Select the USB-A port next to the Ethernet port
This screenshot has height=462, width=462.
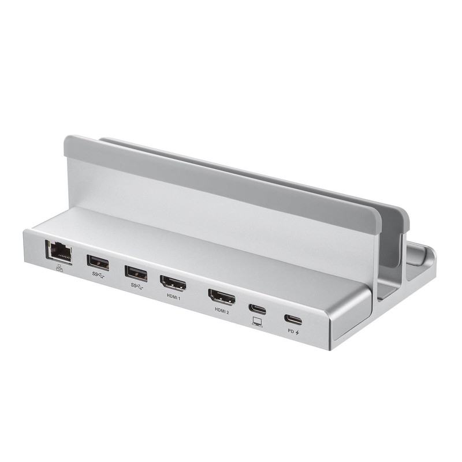click(98, 262)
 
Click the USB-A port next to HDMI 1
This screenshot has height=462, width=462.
click(135, 272)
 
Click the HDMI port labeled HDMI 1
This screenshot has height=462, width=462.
click(174, 284)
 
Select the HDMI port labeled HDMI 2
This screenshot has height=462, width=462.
click(222, 298)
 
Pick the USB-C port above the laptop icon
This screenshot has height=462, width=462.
click(258, 309)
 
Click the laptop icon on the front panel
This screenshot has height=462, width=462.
click(257, 322)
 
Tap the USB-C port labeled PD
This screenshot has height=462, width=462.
click(293, 319)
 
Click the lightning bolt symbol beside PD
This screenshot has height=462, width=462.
click(297, 332)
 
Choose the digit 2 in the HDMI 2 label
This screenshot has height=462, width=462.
click(229, 312)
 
